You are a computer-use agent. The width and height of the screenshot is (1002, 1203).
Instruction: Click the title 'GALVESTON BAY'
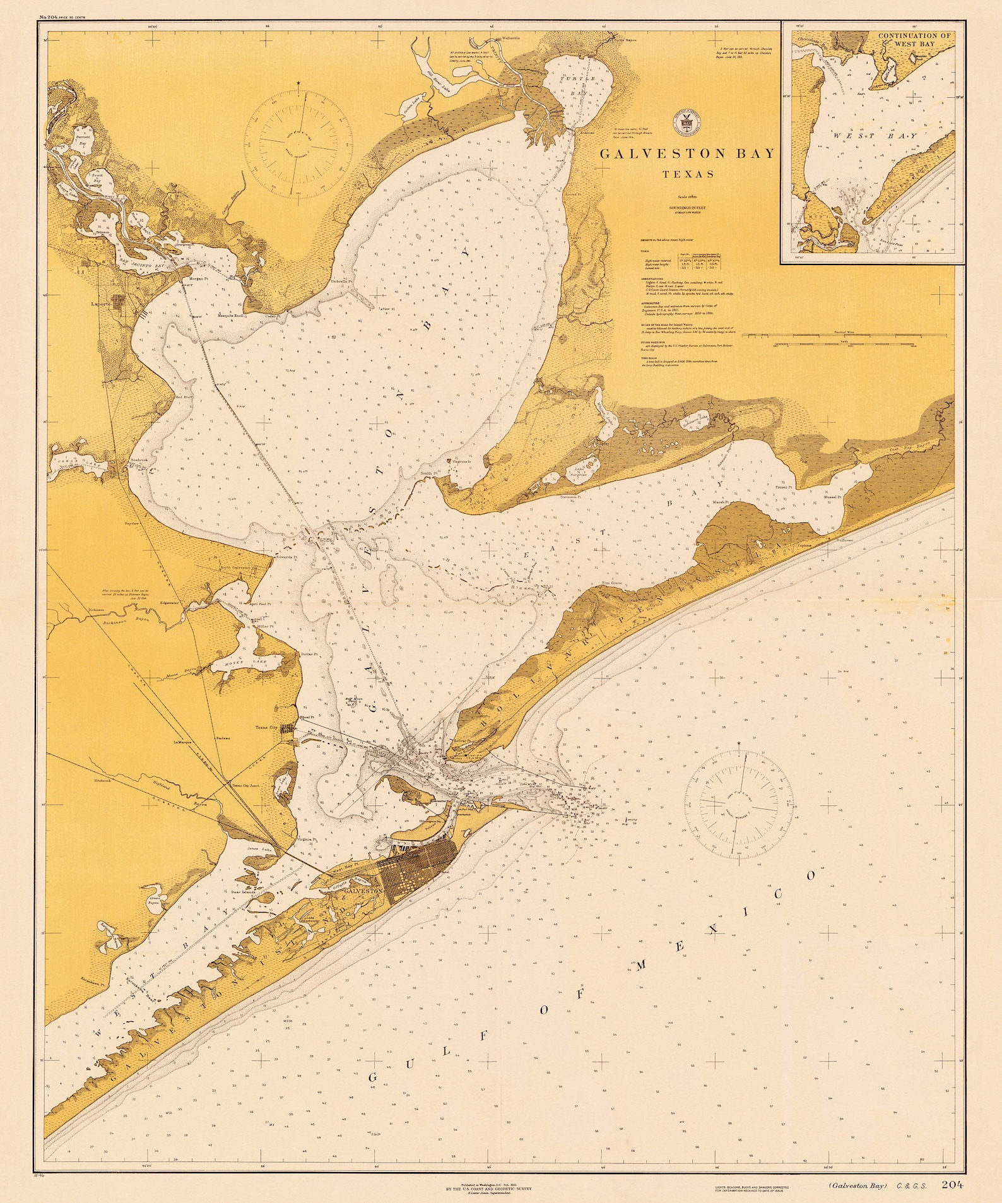coord(687,153)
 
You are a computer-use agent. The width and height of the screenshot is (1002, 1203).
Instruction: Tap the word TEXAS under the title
coord(688,174)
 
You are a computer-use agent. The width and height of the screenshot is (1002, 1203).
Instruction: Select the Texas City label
coord(266,727)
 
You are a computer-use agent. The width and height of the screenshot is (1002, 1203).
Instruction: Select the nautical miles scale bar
coord(844,345)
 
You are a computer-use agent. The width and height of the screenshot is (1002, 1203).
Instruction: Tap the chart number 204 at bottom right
coord(952,1184)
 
